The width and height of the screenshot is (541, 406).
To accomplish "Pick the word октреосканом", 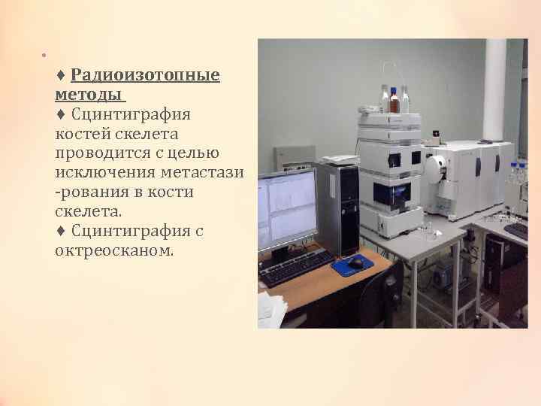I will [113, 250].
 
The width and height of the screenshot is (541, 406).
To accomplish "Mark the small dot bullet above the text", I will [44, 55].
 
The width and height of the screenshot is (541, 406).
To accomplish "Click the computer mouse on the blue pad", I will [355, 263].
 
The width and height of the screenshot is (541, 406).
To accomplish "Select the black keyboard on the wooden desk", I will [297, 268].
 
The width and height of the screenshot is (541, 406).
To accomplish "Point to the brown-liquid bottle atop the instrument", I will [394, 101].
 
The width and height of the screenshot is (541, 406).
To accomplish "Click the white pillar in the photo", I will [494, 90].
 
